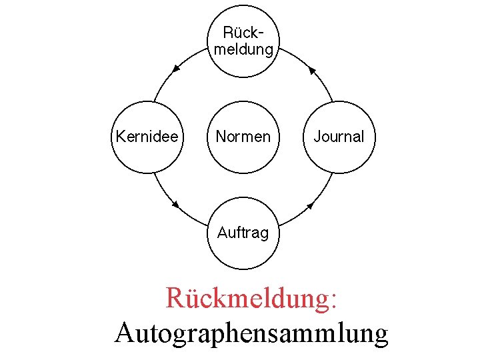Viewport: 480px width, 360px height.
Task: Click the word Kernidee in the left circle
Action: [x=147, y=137]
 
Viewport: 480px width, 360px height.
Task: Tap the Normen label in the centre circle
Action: [x=243, y=137]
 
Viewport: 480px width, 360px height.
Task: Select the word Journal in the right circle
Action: [x=339, y=137]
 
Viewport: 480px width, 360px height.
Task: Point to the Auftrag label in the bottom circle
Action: [x=243, y=233]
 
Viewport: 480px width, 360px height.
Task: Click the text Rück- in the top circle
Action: [x=241, y=33]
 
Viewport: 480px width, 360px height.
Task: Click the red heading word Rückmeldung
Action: [x=247, y=298]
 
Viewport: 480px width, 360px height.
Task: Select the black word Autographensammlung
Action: [x=251, y=331]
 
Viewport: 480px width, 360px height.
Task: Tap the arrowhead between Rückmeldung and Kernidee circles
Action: [x=176, y=68]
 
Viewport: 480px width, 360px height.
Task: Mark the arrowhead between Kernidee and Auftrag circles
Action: [x=176, y=205]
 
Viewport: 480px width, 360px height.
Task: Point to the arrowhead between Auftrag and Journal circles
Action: [x=311, y=205]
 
